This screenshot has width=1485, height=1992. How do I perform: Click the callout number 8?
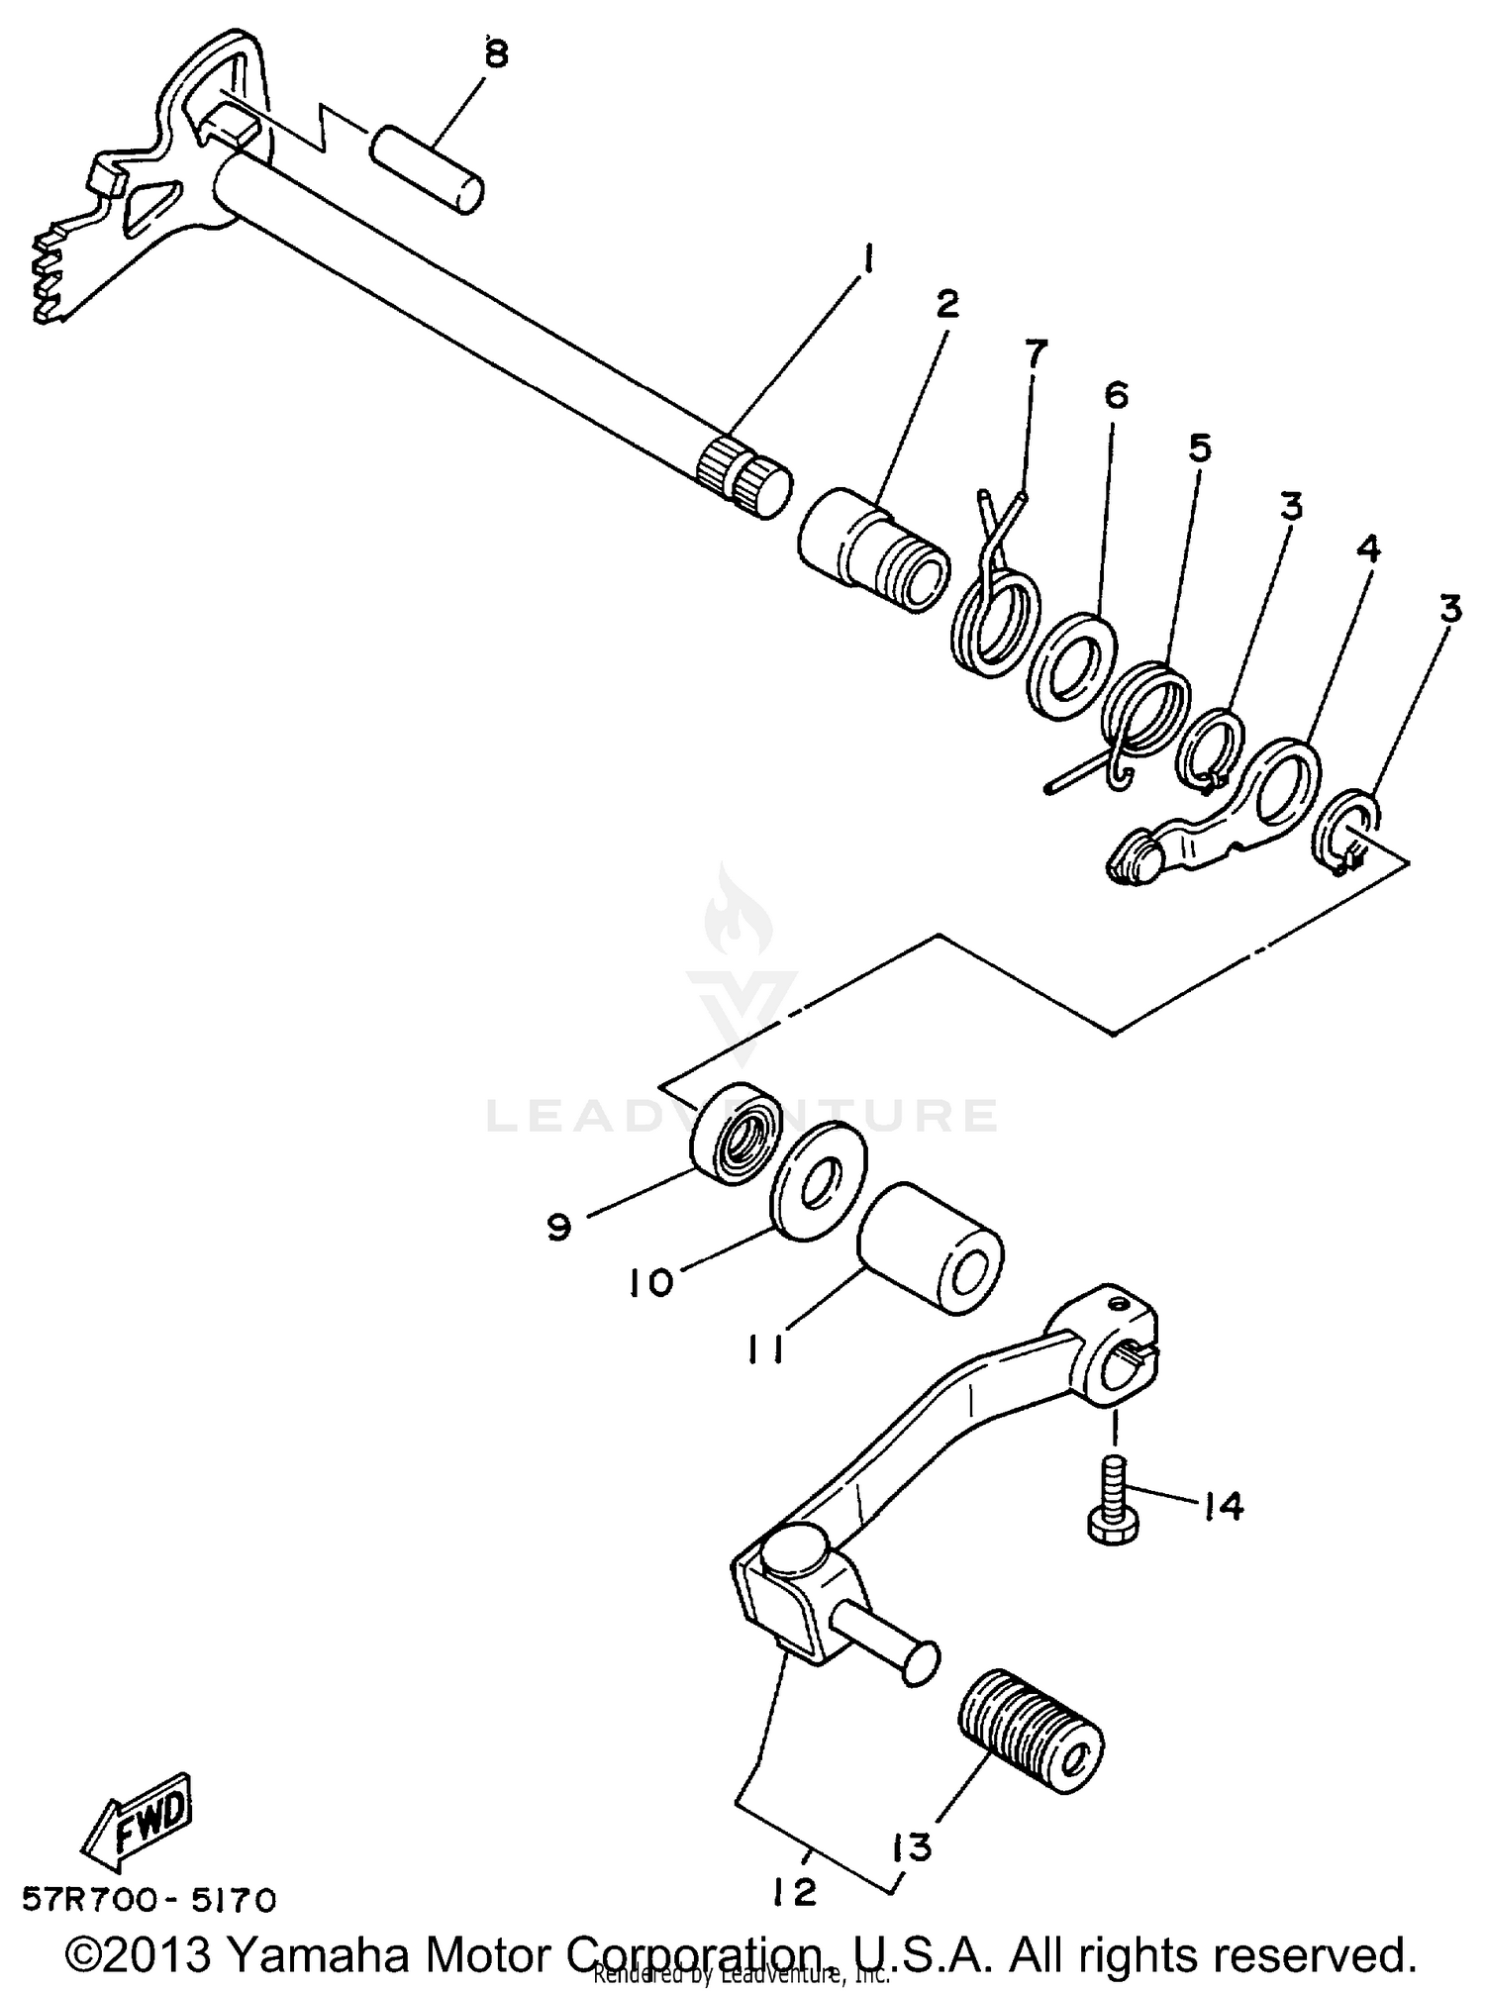(495, 55)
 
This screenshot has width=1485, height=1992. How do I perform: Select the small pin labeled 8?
(428, 167)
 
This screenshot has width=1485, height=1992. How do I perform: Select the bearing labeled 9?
(736, 1136)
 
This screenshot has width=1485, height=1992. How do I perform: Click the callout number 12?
(795, 1893)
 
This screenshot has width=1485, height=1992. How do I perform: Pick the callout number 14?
(1223, 1506)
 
